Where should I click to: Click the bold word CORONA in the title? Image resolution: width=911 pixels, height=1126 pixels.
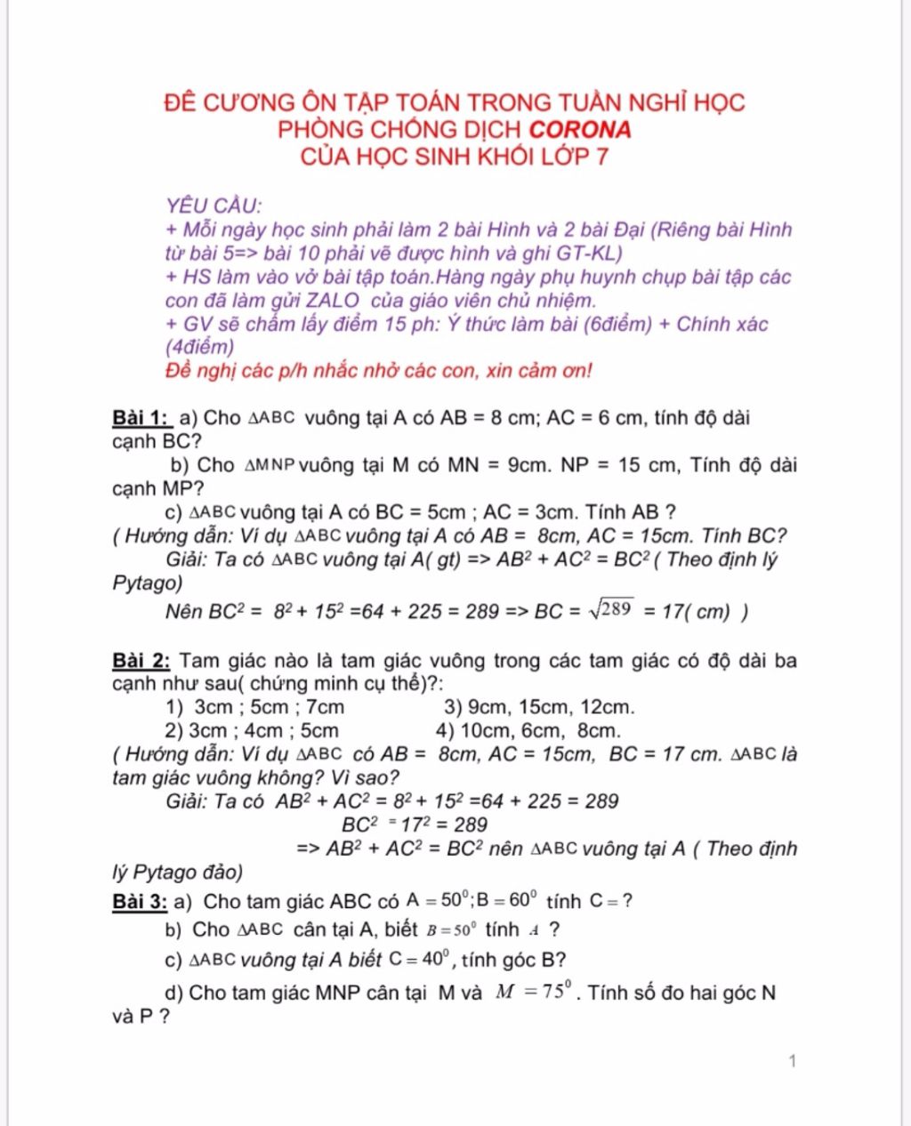click(580, 130)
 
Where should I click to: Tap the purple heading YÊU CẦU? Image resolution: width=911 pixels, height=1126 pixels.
click(214, 206)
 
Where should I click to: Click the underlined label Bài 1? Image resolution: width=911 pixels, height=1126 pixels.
click(141, 418)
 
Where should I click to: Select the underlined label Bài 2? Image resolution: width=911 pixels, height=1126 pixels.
click(141, 661)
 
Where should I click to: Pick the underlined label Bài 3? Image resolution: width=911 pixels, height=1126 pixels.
click(140, 902)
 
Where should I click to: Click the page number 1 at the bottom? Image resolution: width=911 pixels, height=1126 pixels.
click(792, 1060)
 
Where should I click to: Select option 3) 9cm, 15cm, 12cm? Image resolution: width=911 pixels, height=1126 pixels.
click(539, 708)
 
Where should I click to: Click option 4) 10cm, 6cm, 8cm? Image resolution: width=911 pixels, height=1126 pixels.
click(528, 731)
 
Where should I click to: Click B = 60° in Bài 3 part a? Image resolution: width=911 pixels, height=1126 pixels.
click(511, 901)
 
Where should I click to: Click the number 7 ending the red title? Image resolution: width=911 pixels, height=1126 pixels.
click(602, 157)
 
